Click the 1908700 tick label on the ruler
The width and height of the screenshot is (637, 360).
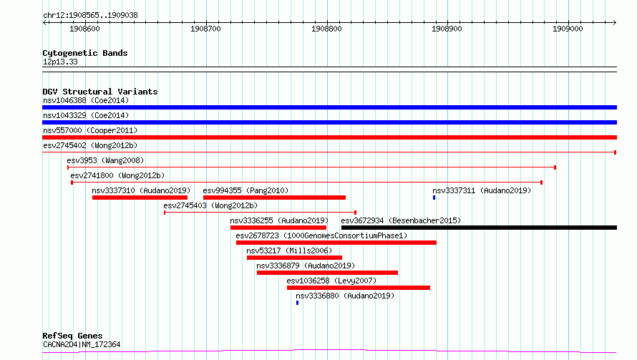click(205, 29)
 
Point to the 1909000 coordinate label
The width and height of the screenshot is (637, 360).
click(568, 29)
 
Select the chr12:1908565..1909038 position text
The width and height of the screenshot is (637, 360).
click(90, 16)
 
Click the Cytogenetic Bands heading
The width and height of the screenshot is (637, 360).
click(85, 53)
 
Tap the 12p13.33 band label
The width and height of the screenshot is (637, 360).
click(60, 62)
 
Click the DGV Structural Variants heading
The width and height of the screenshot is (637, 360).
click(100, 92)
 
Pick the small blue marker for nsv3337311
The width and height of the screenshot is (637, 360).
click(434, 198)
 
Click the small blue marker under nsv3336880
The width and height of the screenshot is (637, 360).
click(297, 303)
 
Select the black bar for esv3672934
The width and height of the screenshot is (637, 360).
click(479, 228)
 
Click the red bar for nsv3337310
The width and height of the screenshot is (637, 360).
click(140, 198)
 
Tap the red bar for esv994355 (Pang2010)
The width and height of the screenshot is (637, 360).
click(274, 198)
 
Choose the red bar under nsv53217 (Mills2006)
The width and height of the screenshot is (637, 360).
click(294, 258)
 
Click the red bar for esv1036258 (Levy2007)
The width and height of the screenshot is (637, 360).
click(359, 288)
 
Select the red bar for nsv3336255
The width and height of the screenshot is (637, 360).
click(278, 228)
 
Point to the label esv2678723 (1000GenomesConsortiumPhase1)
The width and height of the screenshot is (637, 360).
click(321, 235)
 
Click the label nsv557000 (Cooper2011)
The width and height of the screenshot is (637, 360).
click(90, 130)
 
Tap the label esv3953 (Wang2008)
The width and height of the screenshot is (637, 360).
click(105, 160)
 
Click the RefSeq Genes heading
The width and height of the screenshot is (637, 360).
click(72, 336)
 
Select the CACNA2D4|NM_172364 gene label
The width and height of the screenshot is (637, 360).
click(82, 344)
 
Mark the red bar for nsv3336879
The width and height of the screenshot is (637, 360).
click(327, 273)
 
